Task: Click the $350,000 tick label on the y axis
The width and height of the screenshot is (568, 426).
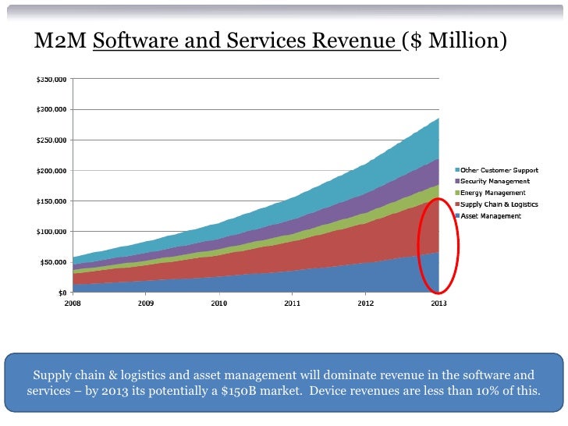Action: (51, 80)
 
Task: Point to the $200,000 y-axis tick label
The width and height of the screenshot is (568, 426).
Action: (51, 171)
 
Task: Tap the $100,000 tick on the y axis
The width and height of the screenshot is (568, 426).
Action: (51, 232)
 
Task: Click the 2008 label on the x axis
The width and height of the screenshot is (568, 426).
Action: (73, 304)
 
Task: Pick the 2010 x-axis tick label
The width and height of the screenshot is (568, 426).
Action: (218, 304)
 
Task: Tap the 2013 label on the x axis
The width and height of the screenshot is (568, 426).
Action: (439, 304)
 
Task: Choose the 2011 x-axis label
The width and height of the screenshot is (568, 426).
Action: (292, 304)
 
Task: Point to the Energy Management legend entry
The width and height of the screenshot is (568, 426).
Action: (492, 193)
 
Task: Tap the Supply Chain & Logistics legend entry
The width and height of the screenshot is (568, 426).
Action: (497, 204)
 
